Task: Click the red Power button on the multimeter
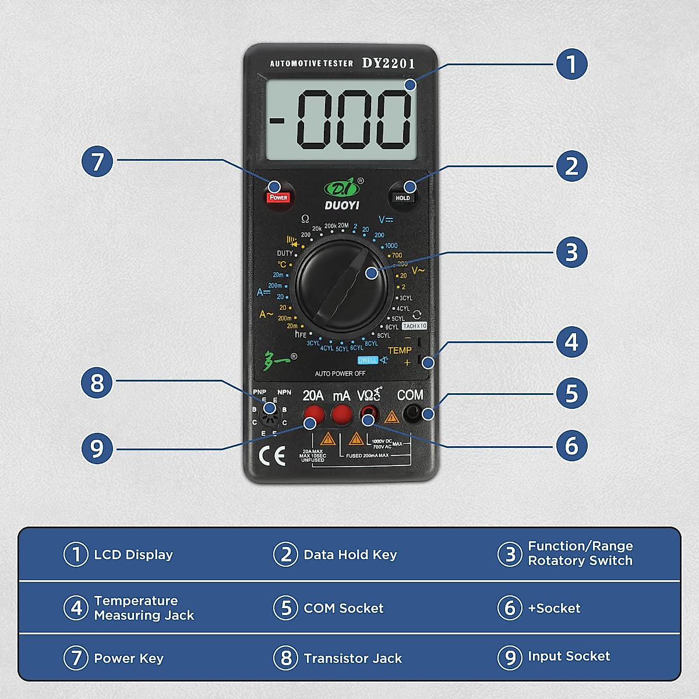(x=278, y=197)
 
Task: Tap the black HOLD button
(x=403, y=197)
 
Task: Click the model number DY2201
(x=389, y=63)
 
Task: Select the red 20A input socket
(x=313, y=415)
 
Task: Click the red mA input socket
(x=342, y=415)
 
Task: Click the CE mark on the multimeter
(x=271, y=456)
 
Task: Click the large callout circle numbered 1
(x=571, y=64)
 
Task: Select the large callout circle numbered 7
(x=97, y=162)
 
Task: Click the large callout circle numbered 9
(x=97, y=449)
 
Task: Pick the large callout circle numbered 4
(x=571, y=342)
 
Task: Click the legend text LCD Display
(x=133, y=555)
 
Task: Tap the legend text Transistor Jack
(x=352, y=658)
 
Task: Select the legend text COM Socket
(x=343, y=608)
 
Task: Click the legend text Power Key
(x=129, y=658)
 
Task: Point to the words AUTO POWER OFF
(x=340, y=373)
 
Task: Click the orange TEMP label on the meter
(x=400, y=350)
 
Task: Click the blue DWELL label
(x=368, y=360)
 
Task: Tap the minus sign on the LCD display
(x=277, y=121)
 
